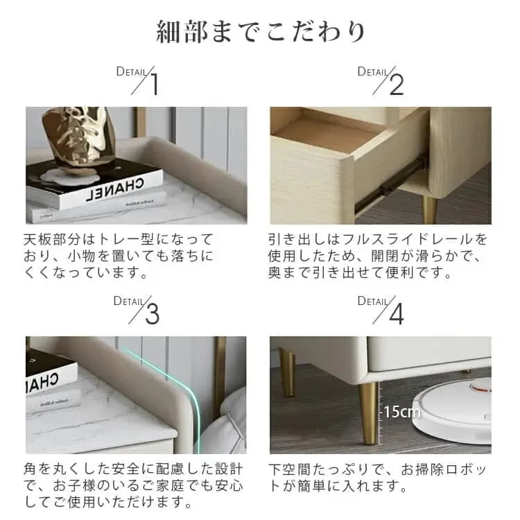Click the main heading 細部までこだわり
coord(261,32)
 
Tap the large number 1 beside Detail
coord(154,84)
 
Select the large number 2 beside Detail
coord(397,85)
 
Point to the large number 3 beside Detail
coord(153,313)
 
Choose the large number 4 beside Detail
coord(397,313)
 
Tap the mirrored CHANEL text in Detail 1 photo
coord(114,189)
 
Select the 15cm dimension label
coord(402,412)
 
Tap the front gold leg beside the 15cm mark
coord(368,413)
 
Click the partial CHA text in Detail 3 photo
coord(42,381)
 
